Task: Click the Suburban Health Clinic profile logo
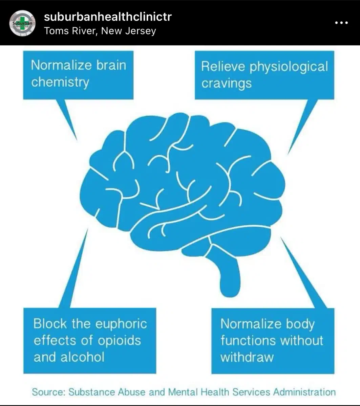coord(22,23)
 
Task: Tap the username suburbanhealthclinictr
coord(108,17)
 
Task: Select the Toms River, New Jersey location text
coord(100,31)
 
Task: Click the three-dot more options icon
coord(341,23)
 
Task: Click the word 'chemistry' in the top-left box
coord(60,82)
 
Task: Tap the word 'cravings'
coord(226,83)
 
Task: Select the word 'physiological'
coord(289,67)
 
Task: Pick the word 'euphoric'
coord(121,324)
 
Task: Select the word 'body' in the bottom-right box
coord(300,324)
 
